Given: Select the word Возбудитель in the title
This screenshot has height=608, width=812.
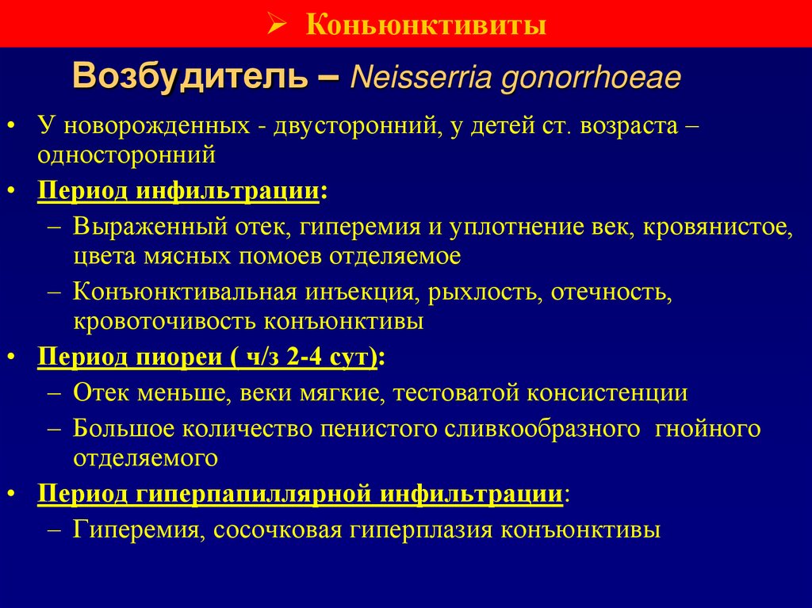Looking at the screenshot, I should coord(198,78).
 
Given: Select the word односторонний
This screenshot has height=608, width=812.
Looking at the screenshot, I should coord(125,154).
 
